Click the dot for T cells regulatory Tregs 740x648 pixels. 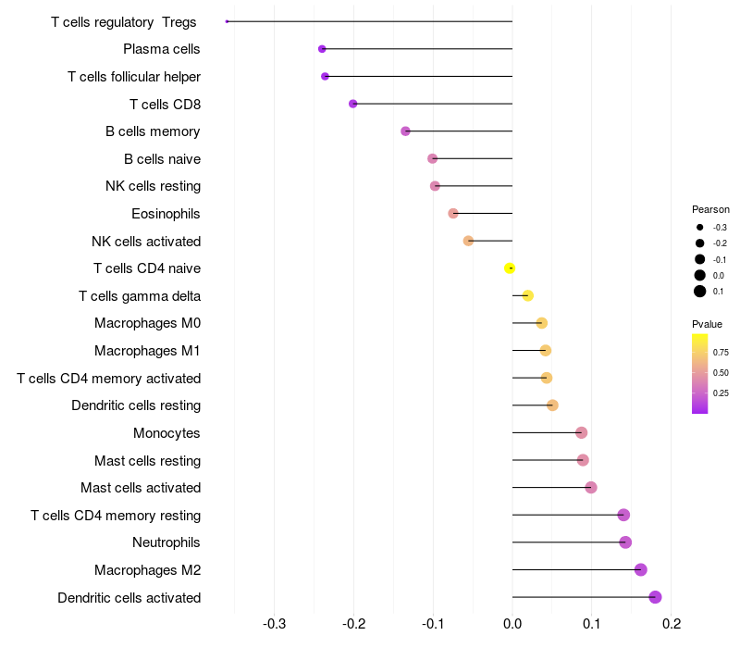[x=227, y=21]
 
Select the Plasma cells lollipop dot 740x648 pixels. [x=322, y=49]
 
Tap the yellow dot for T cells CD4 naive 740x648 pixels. [x=510, y=268]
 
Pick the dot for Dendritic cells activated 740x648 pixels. [x=655, y=597]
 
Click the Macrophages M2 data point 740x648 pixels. [x=640, y=569]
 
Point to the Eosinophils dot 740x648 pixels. [x=453, y=214]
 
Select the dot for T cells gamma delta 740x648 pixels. [x=527, y=295]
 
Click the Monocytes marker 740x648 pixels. [x=582, y=432]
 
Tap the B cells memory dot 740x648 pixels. [x=405, y=131]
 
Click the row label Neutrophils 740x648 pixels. [x=166, y=542]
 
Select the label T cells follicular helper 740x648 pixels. [x=134, y=77]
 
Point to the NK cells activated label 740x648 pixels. [x=146, y=242]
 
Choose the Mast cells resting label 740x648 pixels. [x=148, y=460]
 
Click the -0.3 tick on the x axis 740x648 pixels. [x=274, y=624]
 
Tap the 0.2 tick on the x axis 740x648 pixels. [x=672, y=624]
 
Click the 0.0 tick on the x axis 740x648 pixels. [x=512, y=624]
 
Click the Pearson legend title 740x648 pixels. [x=710, y=209]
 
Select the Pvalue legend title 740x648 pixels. [x=707, y=324]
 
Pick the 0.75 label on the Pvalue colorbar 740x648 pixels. [x=721, y=353]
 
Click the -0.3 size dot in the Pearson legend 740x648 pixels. [x=700, y=227]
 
